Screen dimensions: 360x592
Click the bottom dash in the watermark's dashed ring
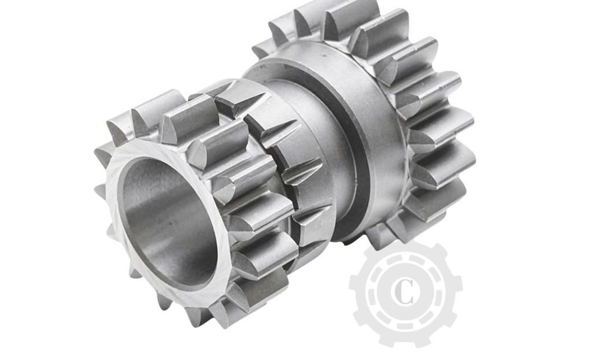tap(405, 324)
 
